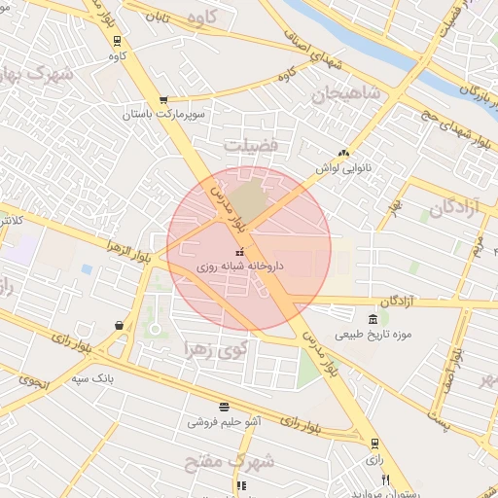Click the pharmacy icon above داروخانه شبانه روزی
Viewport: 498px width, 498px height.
[240, 253]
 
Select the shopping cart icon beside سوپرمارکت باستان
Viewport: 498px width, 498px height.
[163, 99]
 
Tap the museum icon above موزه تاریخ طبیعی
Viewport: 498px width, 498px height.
[373, 320]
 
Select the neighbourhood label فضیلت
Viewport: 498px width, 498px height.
[252, 145]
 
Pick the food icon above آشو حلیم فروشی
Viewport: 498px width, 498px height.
[225, 407]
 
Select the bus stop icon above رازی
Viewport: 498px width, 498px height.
[374, 444]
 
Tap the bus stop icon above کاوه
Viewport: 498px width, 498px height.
[118, 42]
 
